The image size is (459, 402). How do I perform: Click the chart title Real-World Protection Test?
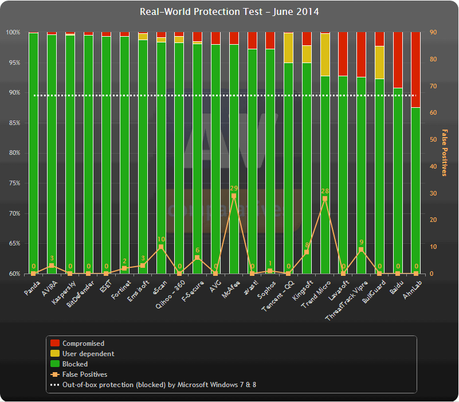(229, 11)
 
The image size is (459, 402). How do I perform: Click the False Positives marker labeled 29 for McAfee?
(234, 196)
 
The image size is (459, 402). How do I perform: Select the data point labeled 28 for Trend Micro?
(325, 198)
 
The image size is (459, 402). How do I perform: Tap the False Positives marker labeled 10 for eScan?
(161, 247)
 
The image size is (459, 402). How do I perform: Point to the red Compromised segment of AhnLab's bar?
(416, 69)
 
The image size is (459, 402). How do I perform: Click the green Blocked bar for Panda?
(33, 155)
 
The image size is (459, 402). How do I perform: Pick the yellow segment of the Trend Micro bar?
(325, 54)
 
